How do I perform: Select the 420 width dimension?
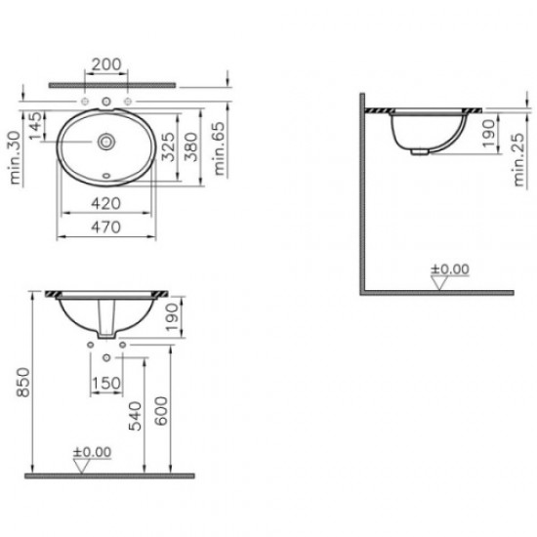coord(105,204)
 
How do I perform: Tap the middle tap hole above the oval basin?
coord(105,102)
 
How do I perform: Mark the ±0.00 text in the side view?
coord(451,268)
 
